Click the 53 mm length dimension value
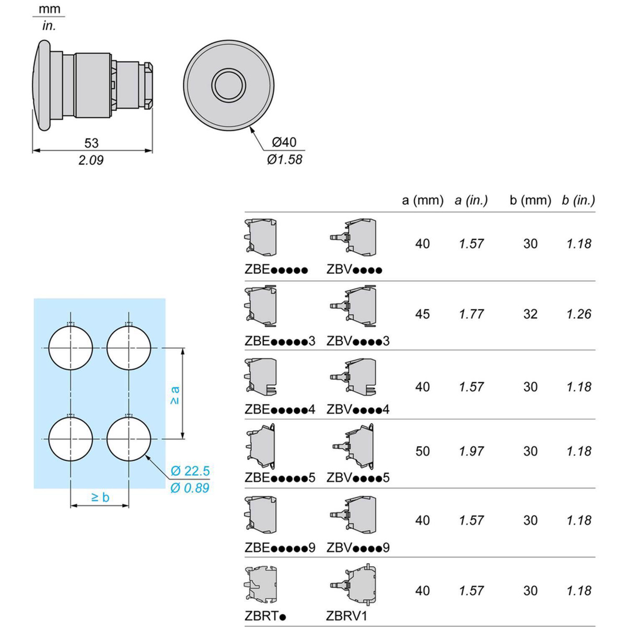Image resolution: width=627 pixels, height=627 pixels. pyautogui.click(x=91, y=143)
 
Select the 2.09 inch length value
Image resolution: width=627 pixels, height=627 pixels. pyautogui.click(x=91, y=160)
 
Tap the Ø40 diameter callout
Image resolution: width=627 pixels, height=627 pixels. pyautogui.click(x=284, y=142)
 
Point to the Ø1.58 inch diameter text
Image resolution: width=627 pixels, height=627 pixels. pyautogui.click(x=285, y=159)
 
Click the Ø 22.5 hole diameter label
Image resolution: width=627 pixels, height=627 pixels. pyautogui.click(x=190, y=471)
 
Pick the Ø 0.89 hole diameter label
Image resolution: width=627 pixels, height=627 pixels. pyautogui.click(x=190, y=488)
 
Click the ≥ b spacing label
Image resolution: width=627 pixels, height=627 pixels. pyautogui.click(x=100, y=497)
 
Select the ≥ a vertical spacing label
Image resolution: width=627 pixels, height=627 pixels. pyautogui.click(x=175, y=396)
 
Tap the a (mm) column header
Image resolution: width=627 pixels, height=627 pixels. pyautogui.click(x=423, y=201)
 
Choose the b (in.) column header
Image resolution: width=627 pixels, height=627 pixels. pyautogui.click(x=578, y=201)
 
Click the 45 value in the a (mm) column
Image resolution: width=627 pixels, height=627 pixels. pyautogui.click(x=422, y=314)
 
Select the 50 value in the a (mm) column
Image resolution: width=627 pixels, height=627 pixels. pyautogui.click(x=422, y=451)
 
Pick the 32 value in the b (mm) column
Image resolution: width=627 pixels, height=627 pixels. pyautogui.click(x=530, y=314)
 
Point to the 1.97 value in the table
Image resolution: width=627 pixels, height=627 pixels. pyautogui.click(x=471, y=451)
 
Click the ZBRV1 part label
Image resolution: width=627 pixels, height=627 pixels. pyautogui.click(x=346, y=616)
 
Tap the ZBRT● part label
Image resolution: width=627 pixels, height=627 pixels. pyautogui.click(x=265, y=616)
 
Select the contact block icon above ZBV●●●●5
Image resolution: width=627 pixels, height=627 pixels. pyautogui.click(x=353, y=446)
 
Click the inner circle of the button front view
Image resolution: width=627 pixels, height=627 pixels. pyautogui.click(x=228, y=85)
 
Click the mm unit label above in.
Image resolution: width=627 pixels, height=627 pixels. pyautogui.click(x=50, y=9)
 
